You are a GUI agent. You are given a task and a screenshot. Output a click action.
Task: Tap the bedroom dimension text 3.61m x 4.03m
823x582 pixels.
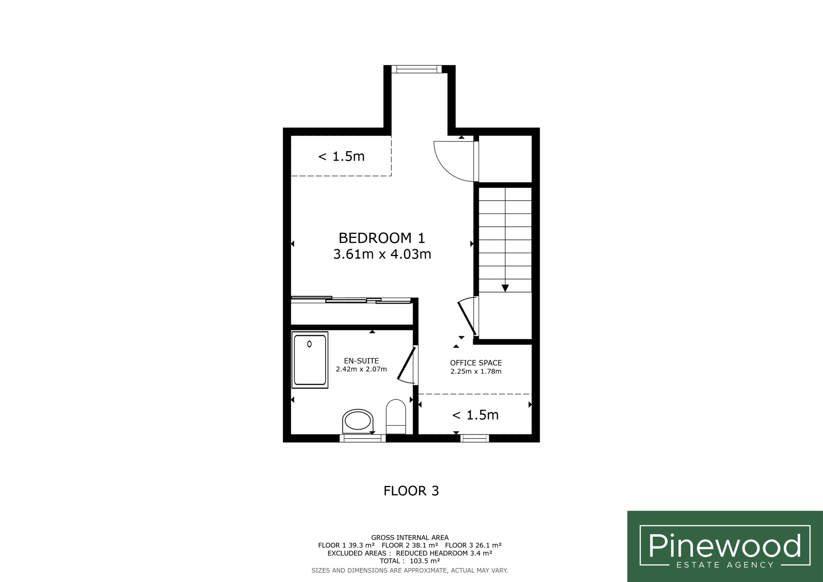click(x=382, y=254)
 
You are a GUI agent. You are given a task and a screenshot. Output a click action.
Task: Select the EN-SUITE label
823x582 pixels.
click(x=361, y=361)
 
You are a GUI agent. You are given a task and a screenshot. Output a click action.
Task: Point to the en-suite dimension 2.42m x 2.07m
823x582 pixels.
click(x=361, y=369)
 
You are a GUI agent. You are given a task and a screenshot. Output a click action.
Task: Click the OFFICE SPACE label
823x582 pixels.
click(x=476, y=363)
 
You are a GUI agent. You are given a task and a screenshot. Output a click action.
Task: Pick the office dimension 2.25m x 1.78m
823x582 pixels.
click(x=476, y=371)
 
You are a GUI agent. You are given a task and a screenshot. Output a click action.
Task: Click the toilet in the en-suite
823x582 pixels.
click(x=396, y=417)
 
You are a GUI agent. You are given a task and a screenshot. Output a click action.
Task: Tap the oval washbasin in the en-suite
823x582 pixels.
click(x=358, y=421)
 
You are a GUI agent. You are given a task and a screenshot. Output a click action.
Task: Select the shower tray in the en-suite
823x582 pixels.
click(x=310, y=360)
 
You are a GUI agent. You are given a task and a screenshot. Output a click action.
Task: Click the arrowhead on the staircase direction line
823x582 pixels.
click(x=505, y=288)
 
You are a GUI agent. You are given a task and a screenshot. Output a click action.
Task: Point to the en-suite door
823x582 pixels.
click(x=406, y=364)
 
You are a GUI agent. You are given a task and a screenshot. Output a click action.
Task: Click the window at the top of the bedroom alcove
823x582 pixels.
click(x=417, y=69)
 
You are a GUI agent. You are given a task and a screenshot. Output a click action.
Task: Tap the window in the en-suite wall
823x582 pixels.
click(x=363, y=438)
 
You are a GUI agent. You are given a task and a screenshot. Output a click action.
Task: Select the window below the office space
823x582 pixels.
click(x=475, y=438)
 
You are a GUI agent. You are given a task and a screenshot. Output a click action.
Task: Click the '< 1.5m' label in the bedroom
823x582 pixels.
click(x=341, y=156)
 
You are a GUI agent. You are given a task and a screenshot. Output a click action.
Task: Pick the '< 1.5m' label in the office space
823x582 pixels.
click(x=475, y=415)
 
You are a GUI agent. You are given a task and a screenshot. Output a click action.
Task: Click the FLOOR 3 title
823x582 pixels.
click(x=411, y=491)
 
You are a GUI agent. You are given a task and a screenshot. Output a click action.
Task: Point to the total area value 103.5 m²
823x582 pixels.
click(x=425, y=561)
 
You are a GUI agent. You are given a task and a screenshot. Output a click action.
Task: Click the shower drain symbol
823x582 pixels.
click(x=309, y=344)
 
